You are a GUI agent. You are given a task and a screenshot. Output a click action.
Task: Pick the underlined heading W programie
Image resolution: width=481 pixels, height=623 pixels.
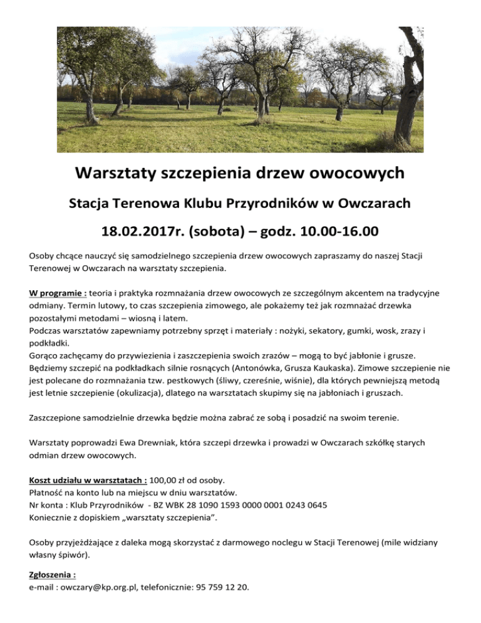click(58, 292)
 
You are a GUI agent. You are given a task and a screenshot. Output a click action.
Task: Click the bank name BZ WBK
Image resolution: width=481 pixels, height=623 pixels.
click(174, 505)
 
